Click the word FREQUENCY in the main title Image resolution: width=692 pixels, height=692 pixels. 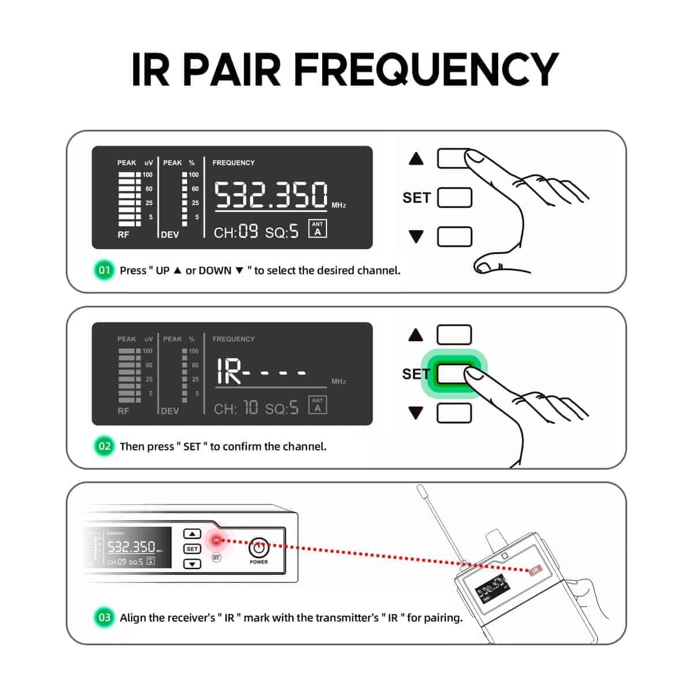(426, 69)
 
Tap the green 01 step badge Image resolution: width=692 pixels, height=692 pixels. (104, 270)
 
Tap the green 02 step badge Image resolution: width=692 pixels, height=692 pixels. (104, 446)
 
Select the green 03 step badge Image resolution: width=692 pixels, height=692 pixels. (104, 618)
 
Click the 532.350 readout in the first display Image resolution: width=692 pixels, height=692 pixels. (272, 195)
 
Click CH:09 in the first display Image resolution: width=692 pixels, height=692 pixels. (236, 232)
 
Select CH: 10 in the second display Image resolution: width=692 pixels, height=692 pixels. (236, 408)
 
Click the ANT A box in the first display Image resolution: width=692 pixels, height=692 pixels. (317, 229)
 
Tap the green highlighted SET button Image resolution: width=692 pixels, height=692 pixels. (454, 374)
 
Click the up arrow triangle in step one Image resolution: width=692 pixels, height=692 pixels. (416, 159)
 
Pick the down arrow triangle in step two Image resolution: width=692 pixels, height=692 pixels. (416, 413)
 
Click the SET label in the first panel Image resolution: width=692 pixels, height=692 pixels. (416, 198)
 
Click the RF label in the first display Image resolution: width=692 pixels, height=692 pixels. (123, 235)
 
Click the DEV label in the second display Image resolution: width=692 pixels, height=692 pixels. (170, 411)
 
